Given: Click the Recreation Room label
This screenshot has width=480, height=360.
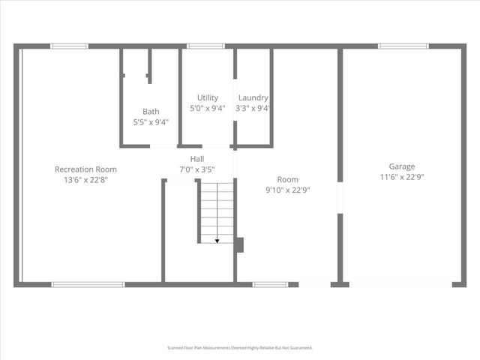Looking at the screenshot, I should (85, 169).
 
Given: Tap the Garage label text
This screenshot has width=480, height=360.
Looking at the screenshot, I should (401, 166).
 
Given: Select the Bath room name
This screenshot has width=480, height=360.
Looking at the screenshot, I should (151, 112).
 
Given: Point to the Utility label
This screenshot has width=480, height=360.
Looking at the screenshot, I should (208, 98).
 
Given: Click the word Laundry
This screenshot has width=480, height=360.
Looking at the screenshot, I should (253, 98).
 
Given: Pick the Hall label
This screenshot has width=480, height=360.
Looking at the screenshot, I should (197, 159).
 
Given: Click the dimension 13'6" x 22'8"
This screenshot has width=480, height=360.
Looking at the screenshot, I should (85, 180).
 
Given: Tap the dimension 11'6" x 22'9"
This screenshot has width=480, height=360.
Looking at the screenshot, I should (401, 177).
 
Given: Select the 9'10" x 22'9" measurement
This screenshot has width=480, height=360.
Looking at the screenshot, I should (288, 190).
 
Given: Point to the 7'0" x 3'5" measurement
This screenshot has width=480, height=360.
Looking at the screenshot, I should (197, 169).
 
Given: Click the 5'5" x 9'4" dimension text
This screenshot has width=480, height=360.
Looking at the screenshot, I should (151, 122).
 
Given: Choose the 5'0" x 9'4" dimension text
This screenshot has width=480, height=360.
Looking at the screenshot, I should (208, 108).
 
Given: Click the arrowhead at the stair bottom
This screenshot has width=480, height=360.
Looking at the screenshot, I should (217, 240).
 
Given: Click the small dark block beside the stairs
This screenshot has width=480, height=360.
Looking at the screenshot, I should (239, 245).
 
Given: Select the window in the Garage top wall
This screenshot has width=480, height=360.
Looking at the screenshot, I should (403, 46).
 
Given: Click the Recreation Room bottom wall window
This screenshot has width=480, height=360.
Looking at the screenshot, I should (88, 284).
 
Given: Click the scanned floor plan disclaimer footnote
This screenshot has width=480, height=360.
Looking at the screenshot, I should (239, 348).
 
